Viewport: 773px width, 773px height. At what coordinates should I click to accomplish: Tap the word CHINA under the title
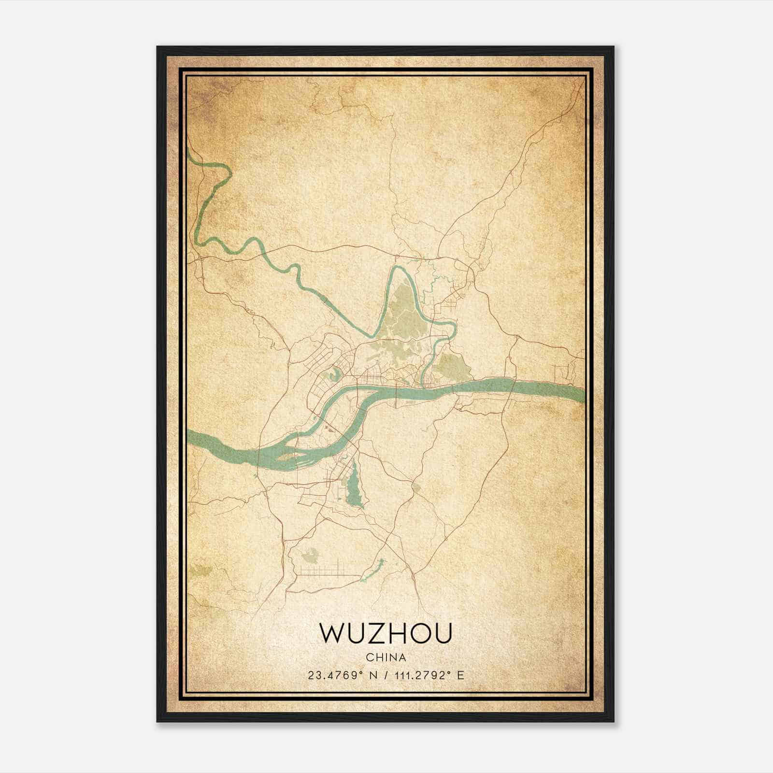[386, 658]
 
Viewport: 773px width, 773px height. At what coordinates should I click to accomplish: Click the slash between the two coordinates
[385, 675]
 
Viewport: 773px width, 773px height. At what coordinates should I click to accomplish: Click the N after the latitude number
[372, 675]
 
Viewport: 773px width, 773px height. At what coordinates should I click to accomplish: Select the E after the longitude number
[460, 675]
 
